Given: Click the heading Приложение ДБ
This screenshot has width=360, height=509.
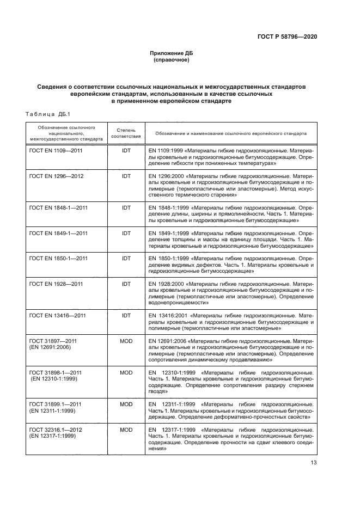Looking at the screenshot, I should pos(172,53).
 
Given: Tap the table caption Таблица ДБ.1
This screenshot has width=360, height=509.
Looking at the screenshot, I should pos(44,113).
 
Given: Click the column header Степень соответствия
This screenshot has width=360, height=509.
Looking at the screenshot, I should pos(126,133).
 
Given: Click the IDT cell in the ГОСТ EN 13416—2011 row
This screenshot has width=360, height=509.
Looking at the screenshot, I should pos(126,315).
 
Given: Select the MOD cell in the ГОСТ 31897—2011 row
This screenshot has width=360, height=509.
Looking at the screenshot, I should pos(126,341).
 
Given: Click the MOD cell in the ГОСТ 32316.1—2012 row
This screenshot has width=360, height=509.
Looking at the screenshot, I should pos(126,430).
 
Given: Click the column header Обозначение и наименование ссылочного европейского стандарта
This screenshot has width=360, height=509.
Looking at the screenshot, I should pos(230,133).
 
